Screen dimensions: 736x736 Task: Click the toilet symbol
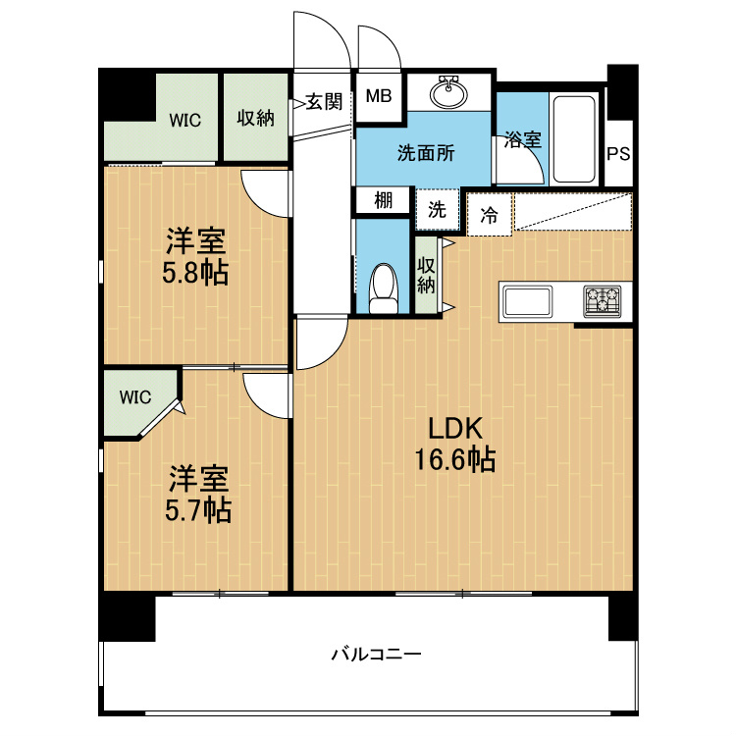pos(384,289)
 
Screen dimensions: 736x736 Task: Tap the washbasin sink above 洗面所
pos(448,92)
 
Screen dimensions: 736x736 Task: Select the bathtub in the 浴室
pos(574,139)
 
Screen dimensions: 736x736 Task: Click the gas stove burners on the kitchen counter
pos(603,300)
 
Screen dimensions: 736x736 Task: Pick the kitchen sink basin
pos(527,301)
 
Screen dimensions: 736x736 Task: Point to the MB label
pos(379,96)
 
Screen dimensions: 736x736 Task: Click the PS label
pos(618,154)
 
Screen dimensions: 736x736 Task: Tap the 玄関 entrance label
pos(324,101)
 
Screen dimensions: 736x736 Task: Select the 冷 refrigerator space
pos(489,215)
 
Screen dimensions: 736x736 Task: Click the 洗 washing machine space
pos(437,209)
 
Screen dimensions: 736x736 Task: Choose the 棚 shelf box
pos(383,201)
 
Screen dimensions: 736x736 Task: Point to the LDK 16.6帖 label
pos(454,444)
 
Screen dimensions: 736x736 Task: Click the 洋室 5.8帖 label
pos(195,256)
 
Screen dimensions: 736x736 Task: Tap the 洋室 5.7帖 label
pos(198,494)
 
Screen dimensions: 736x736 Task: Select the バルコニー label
pos(377,654)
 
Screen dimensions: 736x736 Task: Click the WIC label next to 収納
pos(184,121)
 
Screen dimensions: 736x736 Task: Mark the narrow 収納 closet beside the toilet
pos(426,275)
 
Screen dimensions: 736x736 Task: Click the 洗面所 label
pos(426,153)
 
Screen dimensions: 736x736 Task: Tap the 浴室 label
pos(523,139)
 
